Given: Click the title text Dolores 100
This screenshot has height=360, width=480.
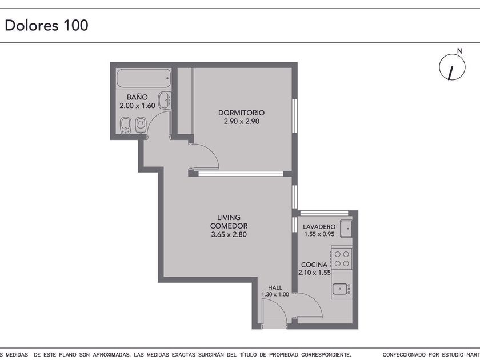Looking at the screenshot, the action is [46, 25].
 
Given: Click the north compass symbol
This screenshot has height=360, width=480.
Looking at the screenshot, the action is [452, 67].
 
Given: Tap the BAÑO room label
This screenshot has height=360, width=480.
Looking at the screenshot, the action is [137, 97].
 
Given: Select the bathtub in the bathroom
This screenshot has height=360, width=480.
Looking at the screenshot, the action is [143, 78].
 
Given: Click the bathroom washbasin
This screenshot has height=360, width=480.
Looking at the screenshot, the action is [165, 101].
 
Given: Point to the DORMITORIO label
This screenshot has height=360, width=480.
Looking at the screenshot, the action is [241, 113].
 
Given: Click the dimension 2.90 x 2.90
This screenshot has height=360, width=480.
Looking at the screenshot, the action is [241, 121].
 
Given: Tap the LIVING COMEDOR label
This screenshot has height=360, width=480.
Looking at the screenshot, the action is [229, 222].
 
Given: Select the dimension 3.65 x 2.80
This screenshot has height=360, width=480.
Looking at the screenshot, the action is [229, 234].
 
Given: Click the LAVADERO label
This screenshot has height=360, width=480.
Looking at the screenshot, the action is [319, 227].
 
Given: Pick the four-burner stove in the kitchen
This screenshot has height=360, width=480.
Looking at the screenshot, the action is [342, 259].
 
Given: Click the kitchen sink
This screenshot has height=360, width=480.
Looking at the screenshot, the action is [342, 289].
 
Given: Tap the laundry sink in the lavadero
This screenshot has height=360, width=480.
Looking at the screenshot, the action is [346, 229].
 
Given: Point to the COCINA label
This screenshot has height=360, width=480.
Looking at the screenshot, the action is [314, 265].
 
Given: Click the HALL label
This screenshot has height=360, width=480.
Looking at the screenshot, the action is [275, 288].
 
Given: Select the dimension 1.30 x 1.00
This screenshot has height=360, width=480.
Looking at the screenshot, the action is [275, 294].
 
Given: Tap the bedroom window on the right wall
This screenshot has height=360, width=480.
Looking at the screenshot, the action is [294, 115].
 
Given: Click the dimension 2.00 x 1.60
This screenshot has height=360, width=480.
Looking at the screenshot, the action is [137, 106].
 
